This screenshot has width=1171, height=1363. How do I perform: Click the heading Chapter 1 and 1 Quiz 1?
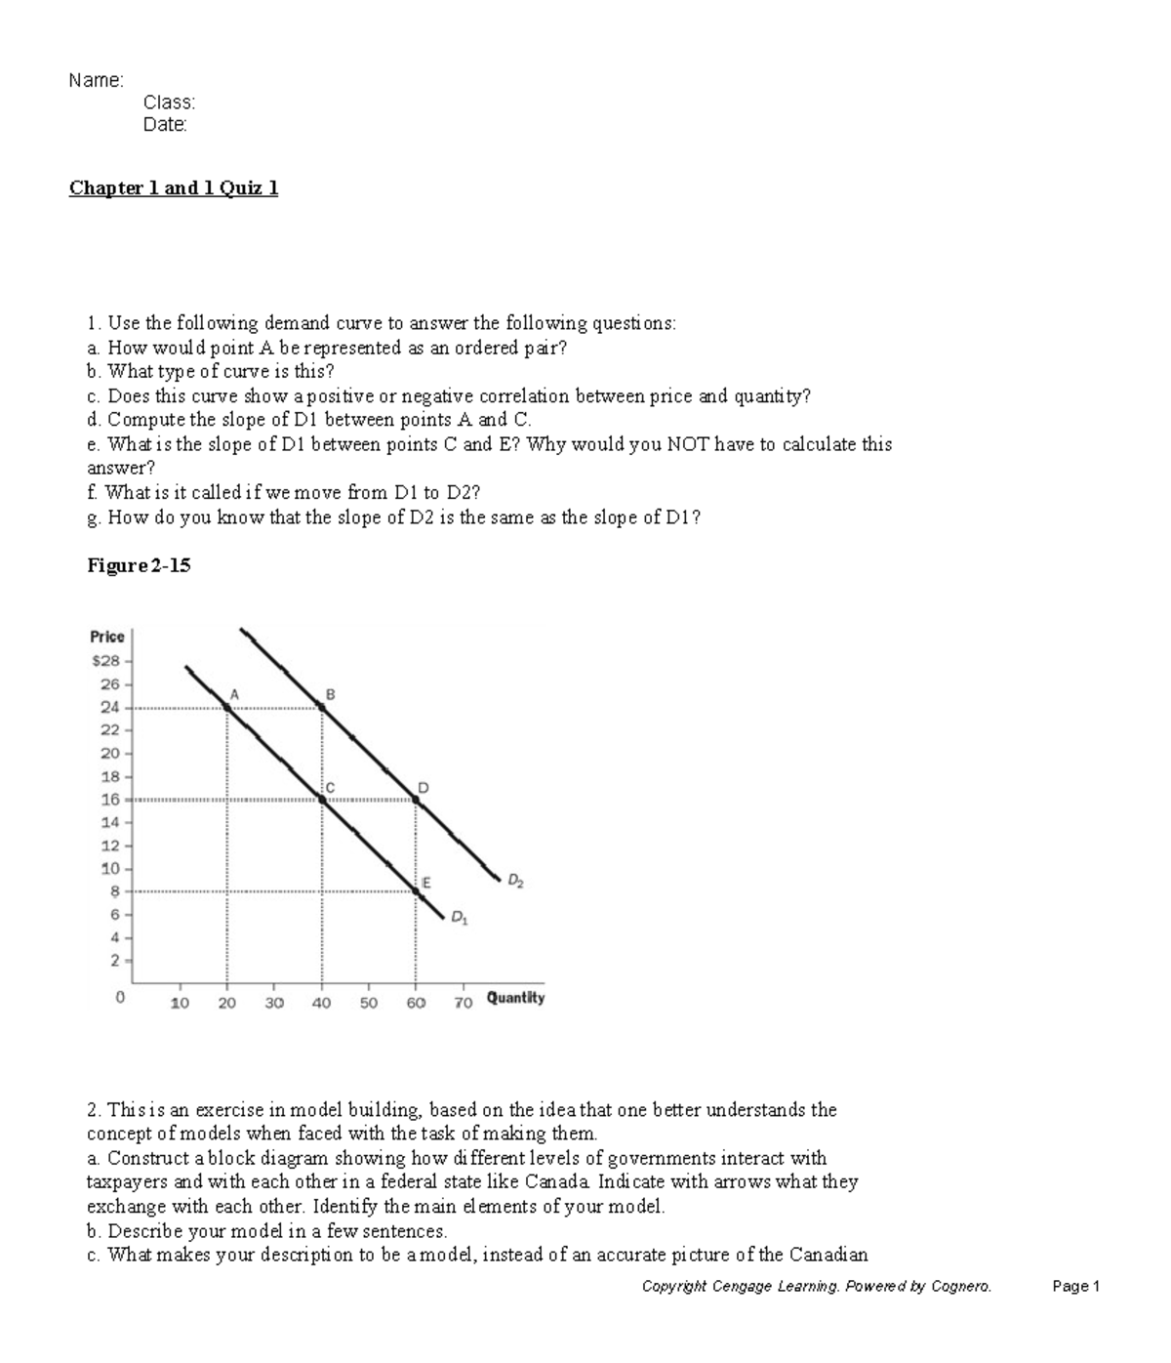(174, 188)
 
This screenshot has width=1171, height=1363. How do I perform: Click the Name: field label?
(96, 80)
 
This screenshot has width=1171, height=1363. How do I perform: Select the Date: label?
(165, 125)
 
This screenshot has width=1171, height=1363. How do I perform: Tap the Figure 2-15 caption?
(139, 565)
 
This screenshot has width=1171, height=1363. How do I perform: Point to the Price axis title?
(107, 637)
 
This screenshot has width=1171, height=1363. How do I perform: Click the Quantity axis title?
(515, 998)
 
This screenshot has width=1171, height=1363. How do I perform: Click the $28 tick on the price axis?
(105, 661)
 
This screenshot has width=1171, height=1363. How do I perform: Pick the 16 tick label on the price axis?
(110, 800)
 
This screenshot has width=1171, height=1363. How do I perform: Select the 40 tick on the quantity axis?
(321, 1003)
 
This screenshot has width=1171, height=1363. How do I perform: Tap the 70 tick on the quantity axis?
(463, 1003)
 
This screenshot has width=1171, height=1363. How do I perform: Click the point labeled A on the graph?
(228, 706)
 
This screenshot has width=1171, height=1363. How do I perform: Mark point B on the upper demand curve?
(322, 706)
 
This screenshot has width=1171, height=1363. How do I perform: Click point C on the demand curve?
(322, 800)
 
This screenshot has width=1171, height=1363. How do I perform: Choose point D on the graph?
(416, 800)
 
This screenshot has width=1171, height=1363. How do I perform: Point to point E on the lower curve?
(416, 891)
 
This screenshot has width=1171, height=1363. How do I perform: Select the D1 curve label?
(459, 918)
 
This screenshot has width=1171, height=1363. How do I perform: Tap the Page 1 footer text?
(1075, 1287)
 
